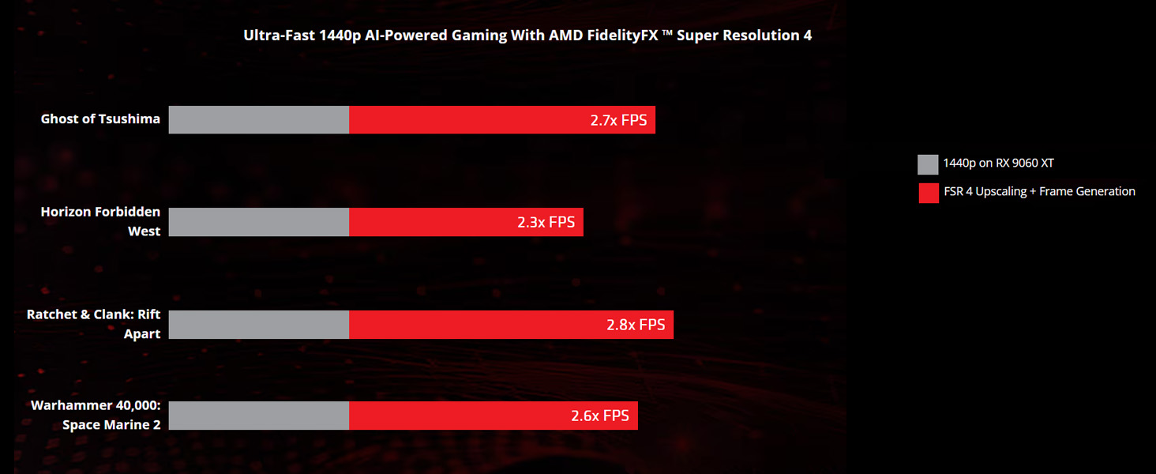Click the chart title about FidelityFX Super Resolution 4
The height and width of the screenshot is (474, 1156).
[x=527, y=36]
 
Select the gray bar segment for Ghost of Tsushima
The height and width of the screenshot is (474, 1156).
[x=259, y=120]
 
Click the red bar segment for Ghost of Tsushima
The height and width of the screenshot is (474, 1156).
[x=466, y=120]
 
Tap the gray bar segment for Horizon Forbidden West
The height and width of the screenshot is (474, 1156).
[x=259, y=222]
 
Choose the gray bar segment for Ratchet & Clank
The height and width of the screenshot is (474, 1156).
[x=259, y=325]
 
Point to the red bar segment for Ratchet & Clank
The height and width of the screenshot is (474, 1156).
[x=474, y=325]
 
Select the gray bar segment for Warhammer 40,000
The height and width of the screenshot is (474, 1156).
[x=259, y=416]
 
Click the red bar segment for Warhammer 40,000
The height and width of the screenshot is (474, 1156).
[x=458, y=416]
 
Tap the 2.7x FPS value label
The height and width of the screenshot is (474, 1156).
[x=618, y=121]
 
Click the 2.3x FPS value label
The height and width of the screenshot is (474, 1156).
[x=546, y=223]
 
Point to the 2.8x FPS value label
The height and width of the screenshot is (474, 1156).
[x=636, y=325]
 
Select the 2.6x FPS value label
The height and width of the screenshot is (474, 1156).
[x=600, y=416]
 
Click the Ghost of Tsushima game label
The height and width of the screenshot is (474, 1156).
[x=100, y=119]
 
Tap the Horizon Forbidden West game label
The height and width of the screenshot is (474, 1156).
[x=100, y=221]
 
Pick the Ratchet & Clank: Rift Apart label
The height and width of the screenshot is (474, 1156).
[x=94, y=324]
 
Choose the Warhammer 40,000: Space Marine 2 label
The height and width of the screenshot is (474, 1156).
[x=96, y=415]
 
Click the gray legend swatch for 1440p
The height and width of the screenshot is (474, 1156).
[x=928, y=164]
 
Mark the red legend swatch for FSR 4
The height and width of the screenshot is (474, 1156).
[x=928, y=193]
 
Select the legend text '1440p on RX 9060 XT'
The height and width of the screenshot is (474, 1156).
[x=998, y=164]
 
